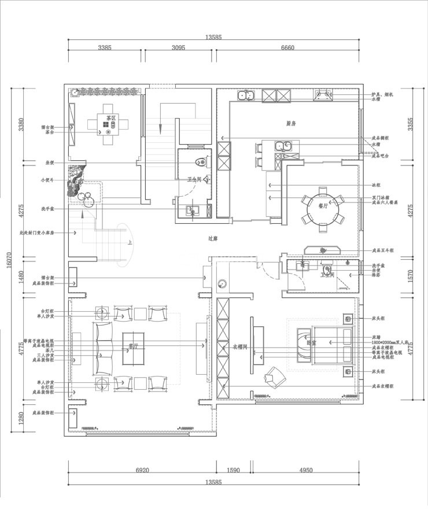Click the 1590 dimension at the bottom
(233, 470)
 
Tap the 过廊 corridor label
(213, 238)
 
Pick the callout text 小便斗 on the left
(47, 180)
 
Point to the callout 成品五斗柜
(383, 250)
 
